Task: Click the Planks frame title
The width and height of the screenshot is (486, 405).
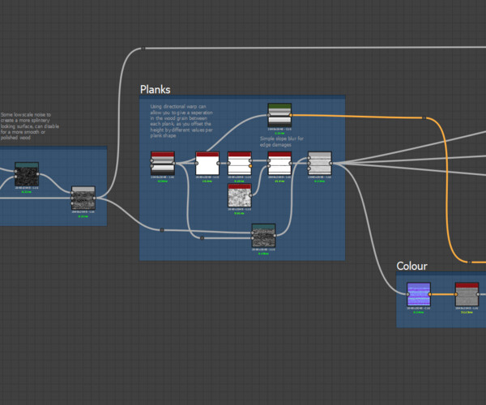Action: pos(155,89)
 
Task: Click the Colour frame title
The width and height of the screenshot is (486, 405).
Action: pos(411,266)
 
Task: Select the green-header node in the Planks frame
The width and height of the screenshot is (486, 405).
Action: pos(279,115)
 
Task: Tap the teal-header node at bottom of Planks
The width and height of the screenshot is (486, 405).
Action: pos(263,236)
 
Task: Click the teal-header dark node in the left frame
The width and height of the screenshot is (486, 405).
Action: pos(27,174)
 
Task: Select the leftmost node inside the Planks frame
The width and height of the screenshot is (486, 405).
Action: pos(163,163)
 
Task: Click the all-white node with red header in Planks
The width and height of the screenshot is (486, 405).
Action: pos(207,163)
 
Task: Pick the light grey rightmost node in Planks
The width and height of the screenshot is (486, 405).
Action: pos(320,163)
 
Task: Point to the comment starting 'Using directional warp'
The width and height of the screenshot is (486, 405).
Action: pos(178,121)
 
